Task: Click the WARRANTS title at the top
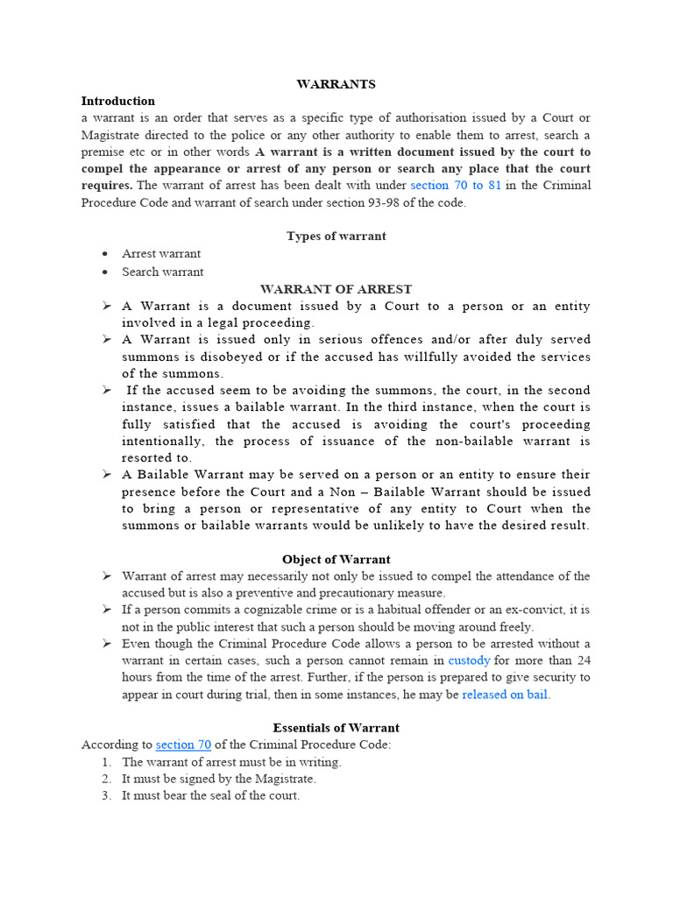coord(336,84)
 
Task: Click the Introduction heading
coord(118,101)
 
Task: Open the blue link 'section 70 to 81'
coord(456,186)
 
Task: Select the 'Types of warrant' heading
coord(336,237)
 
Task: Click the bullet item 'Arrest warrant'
coord(161,254)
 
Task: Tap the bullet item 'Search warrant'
coord(162,272)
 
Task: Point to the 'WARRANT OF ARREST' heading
coord(336,289)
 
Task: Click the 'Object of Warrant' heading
coord(336,560)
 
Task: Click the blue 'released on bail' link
coord(505,695)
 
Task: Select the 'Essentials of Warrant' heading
coord(336,728)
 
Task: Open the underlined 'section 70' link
coord(183,745)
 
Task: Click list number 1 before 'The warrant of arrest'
coord(106,762)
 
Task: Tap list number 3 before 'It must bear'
coord(106,796)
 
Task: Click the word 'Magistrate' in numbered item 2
coord(285,779)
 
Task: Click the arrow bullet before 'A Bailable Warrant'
coord(106,475)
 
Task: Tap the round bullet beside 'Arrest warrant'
coord(105,254)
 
